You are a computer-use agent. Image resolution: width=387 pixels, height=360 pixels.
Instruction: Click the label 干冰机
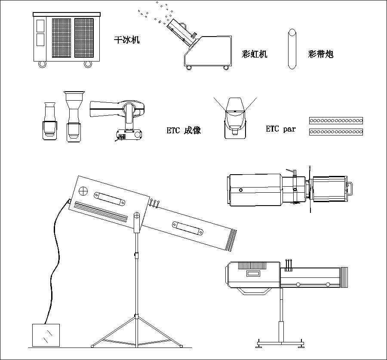tap(126, 40)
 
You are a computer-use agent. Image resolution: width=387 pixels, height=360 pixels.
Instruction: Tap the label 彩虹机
tap(255, 54)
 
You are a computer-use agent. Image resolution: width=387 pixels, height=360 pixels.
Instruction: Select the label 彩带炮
tap(321, 54)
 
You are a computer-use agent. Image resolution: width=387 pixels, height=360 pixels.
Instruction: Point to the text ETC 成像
tap(184, 130)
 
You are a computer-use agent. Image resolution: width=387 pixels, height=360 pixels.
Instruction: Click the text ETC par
tap(281, 129)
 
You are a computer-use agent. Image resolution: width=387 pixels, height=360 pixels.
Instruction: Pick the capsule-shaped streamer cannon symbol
tap(292, 49)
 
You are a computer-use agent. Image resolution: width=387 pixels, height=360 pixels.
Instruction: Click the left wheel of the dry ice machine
tap(42, 64)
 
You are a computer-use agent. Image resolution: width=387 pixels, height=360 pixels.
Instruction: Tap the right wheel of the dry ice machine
tap(88, 64)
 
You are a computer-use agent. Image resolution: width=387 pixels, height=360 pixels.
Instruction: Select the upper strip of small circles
tap(336, 120)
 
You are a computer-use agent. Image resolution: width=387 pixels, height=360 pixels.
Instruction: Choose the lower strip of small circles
tap(336, 131)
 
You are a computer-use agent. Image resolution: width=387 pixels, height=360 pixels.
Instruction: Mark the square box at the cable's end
tap(46, 335)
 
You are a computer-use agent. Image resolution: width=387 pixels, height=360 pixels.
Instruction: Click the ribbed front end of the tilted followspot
tap(232, 241)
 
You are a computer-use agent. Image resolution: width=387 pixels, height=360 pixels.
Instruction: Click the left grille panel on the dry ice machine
tap(61, 38)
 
